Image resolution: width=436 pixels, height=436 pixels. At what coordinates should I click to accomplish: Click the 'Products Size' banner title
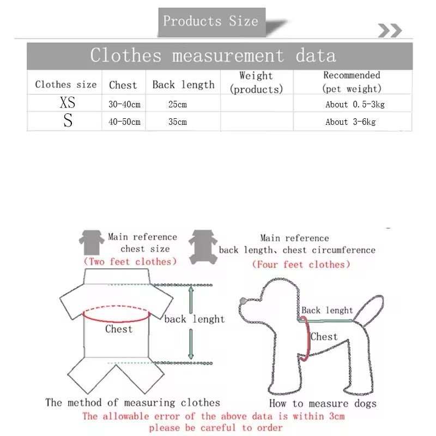(x=210, y=22)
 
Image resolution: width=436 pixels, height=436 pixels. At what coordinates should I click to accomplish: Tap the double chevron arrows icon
(x=390, y=31)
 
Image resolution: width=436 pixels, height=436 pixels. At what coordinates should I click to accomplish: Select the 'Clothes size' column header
(x=65, y=84)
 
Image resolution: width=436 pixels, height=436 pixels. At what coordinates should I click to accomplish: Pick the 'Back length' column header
(x=183, y=84)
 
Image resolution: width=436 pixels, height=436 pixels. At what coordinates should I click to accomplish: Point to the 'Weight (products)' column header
(x=256, y=82)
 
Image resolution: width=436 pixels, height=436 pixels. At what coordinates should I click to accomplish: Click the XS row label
(x=67, y=102)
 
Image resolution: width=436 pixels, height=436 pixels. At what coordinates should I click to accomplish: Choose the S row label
(x=68, y=121)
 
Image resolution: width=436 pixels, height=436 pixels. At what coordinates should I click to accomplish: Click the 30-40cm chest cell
(x=124, y=104)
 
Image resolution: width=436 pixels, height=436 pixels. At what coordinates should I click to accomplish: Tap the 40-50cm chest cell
(x=124, y=122)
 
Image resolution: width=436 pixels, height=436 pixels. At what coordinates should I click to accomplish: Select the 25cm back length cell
(x=178, y=104)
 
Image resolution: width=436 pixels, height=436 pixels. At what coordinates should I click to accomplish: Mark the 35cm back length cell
(x=178, y=122)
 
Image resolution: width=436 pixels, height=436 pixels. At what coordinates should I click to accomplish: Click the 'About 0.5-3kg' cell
(x=355, y=104)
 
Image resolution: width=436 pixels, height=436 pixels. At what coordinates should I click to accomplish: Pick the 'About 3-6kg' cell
(x=350, y=122)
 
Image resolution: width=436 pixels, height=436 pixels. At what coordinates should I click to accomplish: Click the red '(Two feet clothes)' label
(x=130, y=262)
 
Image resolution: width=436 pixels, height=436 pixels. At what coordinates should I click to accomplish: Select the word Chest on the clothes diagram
(x=119, y=329)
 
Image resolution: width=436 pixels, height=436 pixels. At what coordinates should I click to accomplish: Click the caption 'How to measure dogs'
(x=323, y=404)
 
